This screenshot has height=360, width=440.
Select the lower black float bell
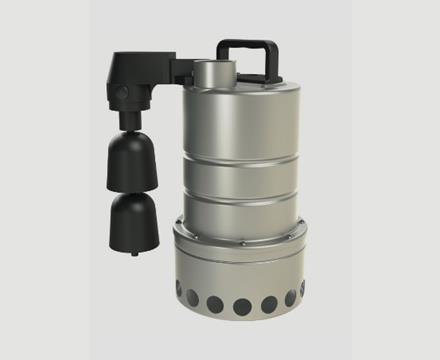(x=135, y=220)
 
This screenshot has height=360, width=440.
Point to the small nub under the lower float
(x=135, y=253)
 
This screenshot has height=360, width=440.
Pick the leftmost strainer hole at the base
(x=179, y=290)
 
